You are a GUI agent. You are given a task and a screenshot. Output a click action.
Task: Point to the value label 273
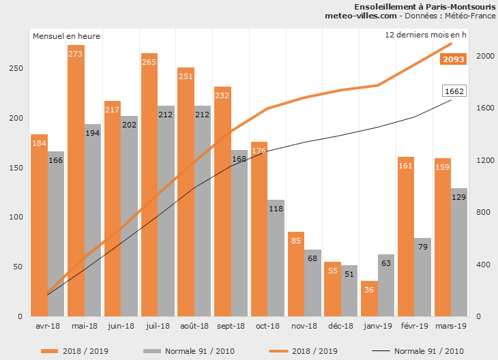(x=76, y=53)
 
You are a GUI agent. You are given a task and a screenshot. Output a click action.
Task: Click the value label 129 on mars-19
(x=459, y=197)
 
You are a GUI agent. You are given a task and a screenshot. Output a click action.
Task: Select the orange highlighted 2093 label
(x=454, y=59)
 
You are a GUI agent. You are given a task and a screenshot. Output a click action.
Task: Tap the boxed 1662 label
(x=454, y=91)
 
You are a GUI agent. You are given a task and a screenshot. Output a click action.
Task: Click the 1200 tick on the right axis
(x=483, y=160)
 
